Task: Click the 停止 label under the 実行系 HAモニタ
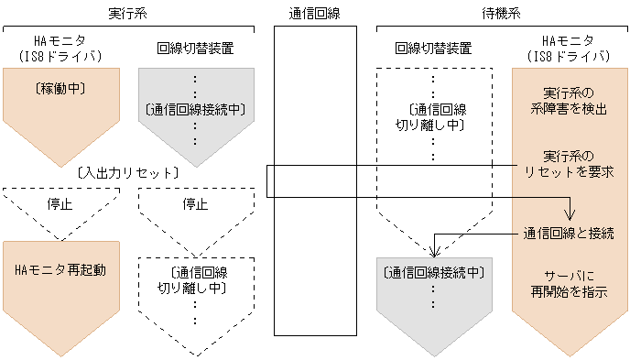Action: [x=60, y=203]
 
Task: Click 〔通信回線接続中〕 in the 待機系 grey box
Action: [x=434, y=272]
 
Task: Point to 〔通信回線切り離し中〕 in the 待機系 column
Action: [x=434, y=116]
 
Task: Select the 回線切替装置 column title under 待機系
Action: [x=434, y=48]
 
